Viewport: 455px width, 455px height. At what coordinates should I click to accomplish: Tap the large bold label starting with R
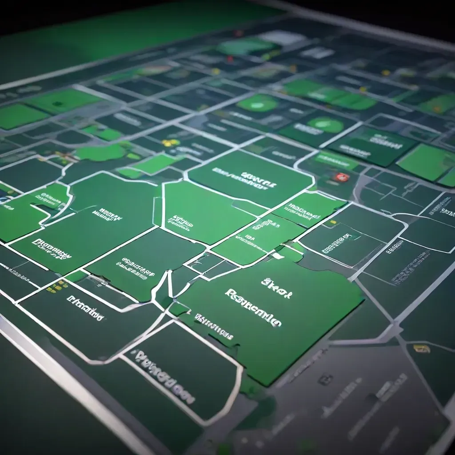(253, 307)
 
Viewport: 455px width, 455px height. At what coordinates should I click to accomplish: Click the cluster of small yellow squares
(57, 287)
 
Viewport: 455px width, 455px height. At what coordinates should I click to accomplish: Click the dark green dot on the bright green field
(58, 104)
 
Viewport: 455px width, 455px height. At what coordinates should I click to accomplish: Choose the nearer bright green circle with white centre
(326, 125)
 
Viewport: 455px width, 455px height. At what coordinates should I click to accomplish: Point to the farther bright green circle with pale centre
(258, 103)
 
